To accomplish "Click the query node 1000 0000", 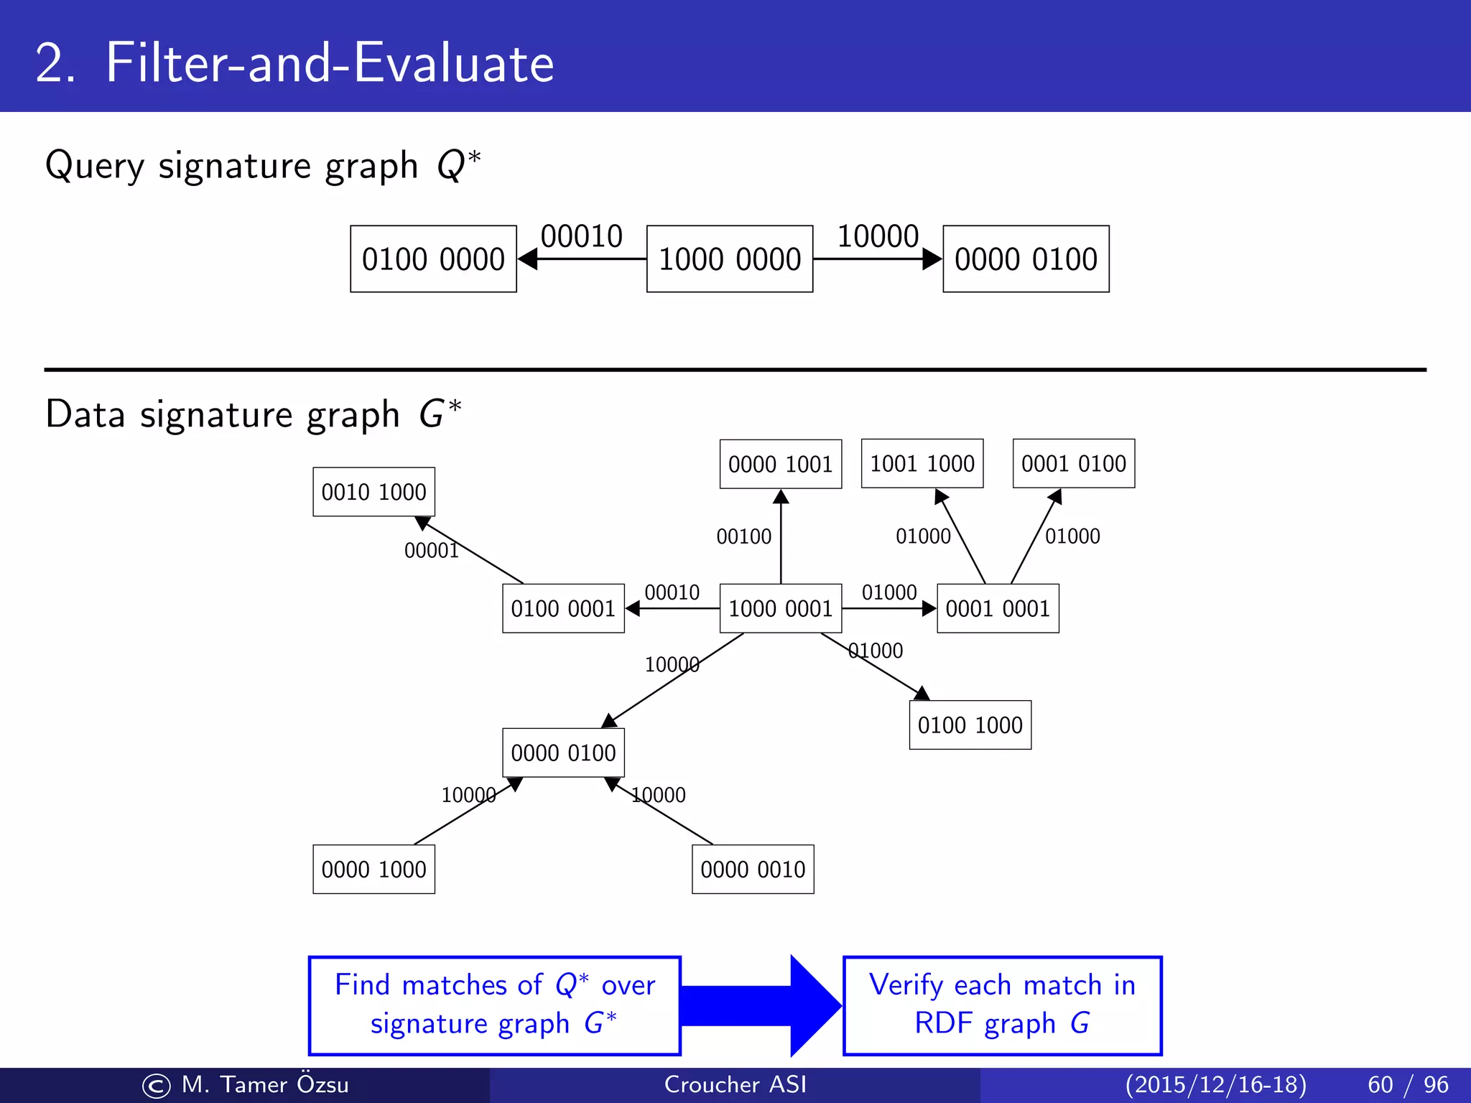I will pyautogui.click(x=729, y=259).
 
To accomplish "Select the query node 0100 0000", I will pyautogui.click(x=433, y=259).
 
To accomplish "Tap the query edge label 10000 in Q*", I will pyautogui.click(x=878, y=236).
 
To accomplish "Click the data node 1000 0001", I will pyautogui.click(x=780, y=608).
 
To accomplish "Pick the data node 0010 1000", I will pyautogui.click(x=373, y=492).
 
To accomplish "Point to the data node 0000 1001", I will pyautogui.click(x=780, y=464).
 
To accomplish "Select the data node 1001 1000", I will pyautogui.click(x=922, y=463).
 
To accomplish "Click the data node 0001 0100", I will pyautogui.click(x=1073, y=463).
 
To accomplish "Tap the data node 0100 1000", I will pyautogui.click(x=970, y=725).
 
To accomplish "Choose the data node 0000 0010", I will pyautogui.click(x=753, y=869).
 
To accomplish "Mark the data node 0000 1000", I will pyautogui.click(x=373, y=869).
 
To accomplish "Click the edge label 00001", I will pyautogui.click(x=431, y=551).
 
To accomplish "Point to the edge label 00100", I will pyautogui.click(x=743, y=536).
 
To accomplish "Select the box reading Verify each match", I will pyautogui.click(x=1002, y=1005).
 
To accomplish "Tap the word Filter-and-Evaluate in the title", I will pyautogui.click(x=330, y=63).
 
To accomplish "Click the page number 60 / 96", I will pyautogui.click(x=1407, y=1084).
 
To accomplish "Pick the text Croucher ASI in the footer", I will pyautogui.click(x=735, y=1084).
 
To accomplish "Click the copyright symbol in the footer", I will pyautogui.click(x=156, y=1086).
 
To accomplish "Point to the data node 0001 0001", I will pyautogui.click(x=998, y=608).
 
